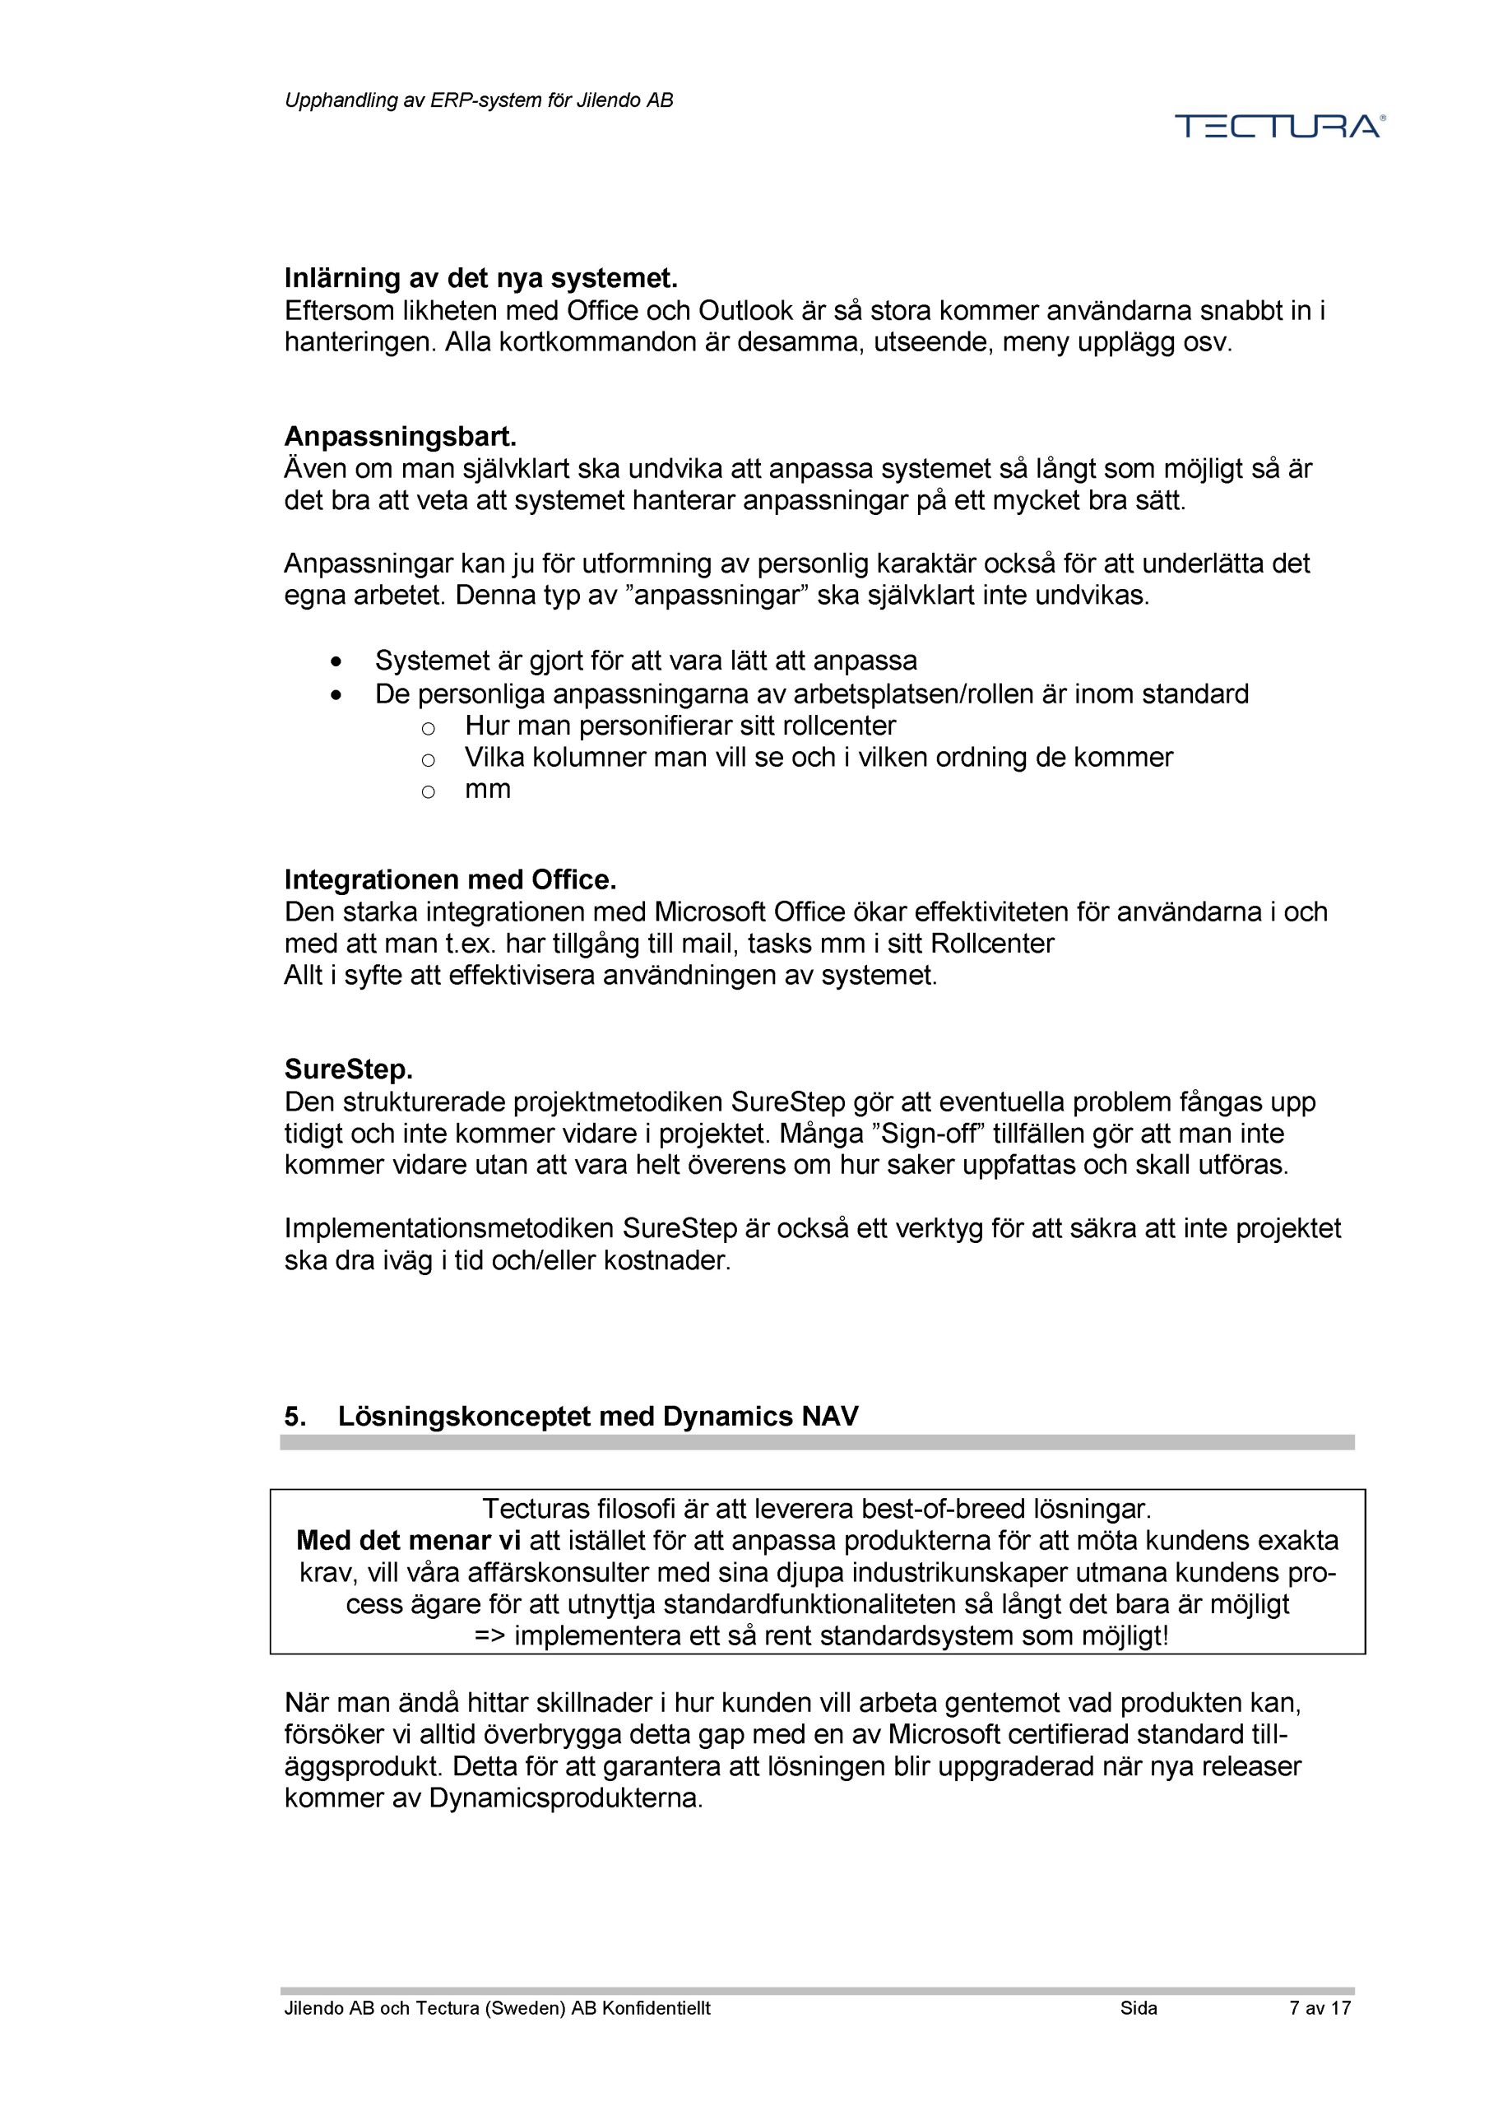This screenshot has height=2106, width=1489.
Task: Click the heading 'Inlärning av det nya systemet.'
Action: click(480, 278)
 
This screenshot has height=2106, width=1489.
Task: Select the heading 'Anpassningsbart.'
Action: click(400, 436)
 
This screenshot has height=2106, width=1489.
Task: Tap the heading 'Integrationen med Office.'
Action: click(449, 879)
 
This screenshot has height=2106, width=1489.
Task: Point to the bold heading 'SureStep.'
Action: click(349, 1069)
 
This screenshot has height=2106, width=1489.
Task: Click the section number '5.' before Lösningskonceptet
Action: click(295, 1417)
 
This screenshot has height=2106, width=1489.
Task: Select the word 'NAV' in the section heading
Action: click(829, 1417)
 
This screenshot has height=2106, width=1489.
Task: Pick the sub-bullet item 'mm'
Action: click(487, 789)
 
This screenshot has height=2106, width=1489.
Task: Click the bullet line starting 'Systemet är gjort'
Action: click(645, 661)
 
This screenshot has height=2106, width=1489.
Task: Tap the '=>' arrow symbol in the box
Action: click(491, 1635)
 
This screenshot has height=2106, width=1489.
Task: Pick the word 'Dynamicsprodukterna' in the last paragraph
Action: click(564, 1798)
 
